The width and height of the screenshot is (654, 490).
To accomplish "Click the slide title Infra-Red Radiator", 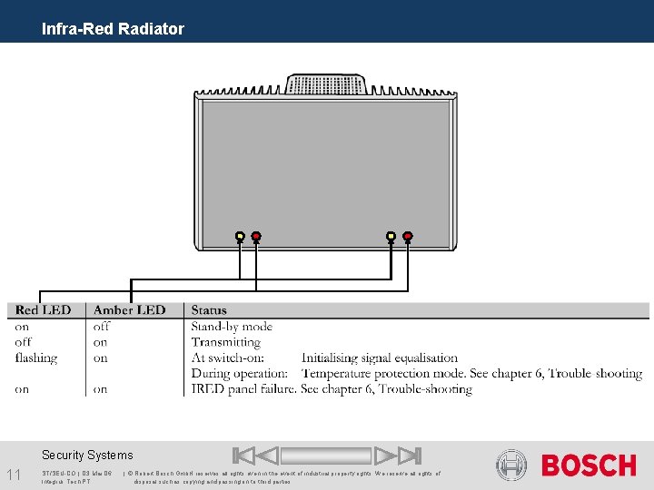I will click(x=113, y=29).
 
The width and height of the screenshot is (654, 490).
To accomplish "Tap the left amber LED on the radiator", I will click(x=240, y=236).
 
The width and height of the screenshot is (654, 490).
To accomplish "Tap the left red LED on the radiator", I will click(x=256, y=236).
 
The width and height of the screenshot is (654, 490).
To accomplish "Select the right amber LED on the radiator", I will click(x=391, y=236).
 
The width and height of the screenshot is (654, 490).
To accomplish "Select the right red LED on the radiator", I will click(x=408, y=236).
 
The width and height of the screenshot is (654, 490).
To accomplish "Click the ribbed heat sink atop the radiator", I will click(x=327, y=84).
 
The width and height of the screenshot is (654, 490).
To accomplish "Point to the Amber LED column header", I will click(x=130, y=310).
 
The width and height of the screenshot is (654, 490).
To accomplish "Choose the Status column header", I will click(x=209, y=310).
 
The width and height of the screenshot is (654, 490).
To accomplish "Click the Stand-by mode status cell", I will click(x=232, y=327).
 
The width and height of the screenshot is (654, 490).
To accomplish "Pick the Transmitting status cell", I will click(x=225, y=342).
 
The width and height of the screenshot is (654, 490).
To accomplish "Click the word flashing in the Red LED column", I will click(x=35, y=358).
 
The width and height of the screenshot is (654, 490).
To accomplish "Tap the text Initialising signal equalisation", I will click(x=380, y=358).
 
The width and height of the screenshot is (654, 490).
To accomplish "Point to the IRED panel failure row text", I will click(x=332, y=389).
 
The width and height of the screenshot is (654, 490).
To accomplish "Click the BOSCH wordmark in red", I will click(x=589, y=465).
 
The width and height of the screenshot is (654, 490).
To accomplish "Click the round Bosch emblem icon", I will click(x=511, y=465).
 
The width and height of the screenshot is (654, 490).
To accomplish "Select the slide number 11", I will click(x=14, y=475).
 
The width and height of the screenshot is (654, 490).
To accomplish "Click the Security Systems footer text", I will click(x=87, y=456).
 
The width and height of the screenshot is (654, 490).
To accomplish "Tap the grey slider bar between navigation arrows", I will click(x=326, y=456).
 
